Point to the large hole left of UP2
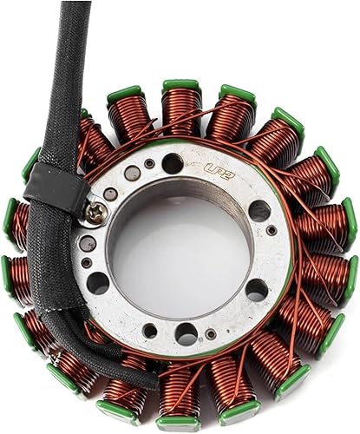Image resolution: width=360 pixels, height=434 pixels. (x=173, y=163)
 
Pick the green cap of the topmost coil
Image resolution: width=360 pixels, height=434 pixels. (x=180, y=85)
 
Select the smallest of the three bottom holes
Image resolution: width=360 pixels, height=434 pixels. (x=210, y=334)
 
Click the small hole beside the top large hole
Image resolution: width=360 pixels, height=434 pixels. (x=149, y=164)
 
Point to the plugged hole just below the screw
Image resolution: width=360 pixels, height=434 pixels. (x=88, y=243)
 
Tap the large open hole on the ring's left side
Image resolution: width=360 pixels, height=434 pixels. (x=98, y=282)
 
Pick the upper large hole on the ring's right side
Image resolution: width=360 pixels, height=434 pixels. (x=259, y=209)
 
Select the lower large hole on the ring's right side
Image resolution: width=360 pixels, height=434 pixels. (x=257, y=289)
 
